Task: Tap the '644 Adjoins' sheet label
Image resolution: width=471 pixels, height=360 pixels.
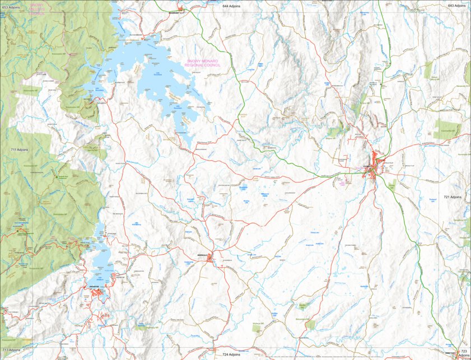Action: [x=231, y=5]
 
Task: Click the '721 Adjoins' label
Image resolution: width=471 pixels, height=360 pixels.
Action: [x=454, y=197]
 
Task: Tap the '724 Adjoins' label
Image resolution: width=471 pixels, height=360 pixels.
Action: [x=231, y=354]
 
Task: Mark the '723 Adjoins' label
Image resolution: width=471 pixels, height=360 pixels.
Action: [x=463, y=354]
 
